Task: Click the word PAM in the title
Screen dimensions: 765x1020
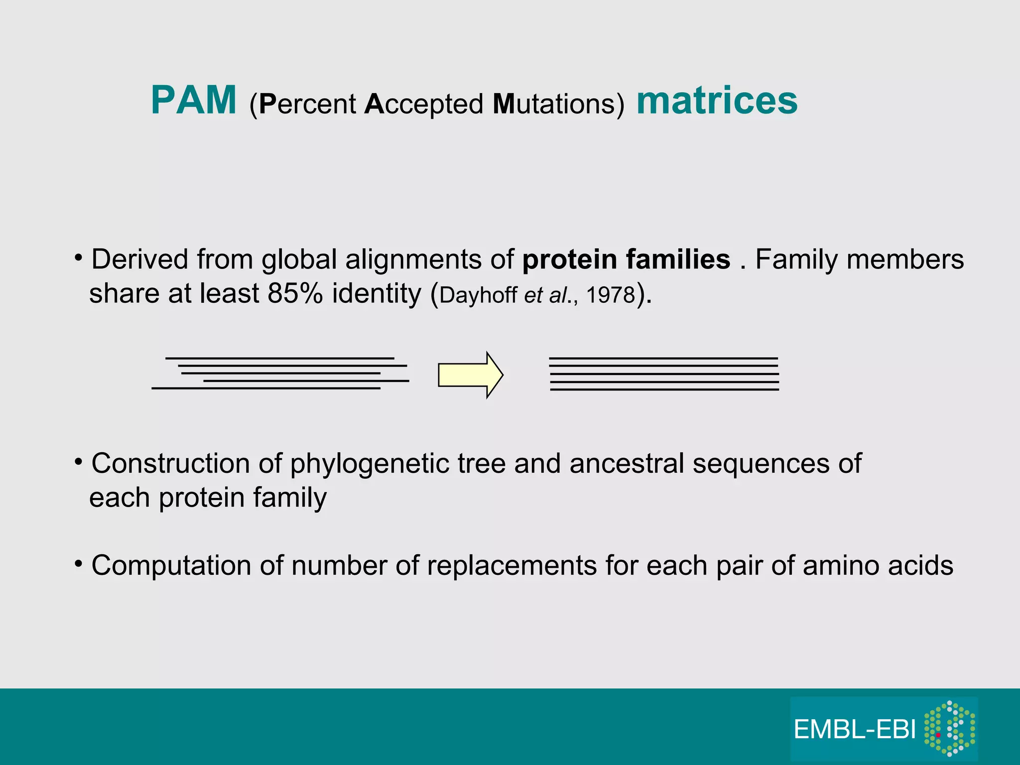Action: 193,101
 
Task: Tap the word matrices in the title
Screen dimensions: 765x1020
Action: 717,101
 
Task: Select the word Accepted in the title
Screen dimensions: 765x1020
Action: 424,104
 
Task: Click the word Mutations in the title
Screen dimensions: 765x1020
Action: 558,104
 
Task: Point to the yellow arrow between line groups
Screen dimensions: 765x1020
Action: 470,375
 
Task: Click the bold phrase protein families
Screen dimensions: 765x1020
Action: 626,259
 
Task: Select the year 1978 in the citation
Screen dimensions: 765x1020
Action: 611,295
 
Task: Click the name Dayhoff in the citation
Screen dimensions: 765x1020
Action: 478,296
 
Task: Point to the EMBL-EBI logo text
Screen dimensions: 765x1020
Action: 855,730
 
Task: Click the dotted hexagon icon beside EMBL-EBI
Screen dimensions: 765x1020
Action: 949,728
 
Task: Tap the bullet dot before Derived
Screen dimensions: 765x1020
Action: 78,257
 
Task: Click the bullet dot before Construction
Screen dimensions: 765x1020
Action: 78,462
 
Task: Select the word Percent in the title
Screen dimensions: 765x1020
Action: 307,104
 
